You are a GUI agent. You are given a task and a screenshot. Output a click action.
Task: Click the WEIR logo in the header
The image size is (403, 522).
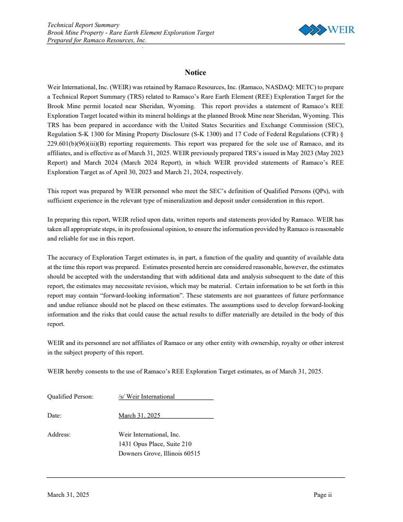coord(326,30)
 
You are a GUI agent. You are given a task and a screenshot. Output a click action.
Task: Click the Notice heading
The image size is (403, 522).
coord(195,73)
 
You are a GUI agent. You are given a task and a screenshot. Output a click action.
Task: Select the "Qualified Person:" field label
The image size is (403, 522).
coord(70,396)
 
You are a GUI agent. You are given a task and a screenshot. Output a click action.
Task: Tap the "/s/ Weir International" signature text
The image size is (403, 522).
coord(147,396)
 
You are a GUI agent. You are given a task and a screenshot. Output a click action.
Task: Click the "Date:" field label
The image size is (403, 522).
coord(55,415)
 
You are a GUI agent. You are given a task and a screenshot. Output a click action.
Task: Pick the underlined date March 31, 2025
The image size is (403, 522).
coord(139,415)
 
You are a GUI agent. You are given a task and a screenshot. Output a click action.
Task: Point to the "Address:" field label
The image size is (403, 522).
coord(59,434)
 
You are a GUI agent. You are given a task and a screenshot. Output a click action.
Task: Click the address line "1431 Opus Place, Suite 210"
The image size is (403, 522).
coord(155,444)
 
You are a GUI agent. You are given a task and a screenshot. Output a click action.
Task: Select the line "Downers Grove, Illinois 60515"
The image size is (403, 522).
coord(159,453)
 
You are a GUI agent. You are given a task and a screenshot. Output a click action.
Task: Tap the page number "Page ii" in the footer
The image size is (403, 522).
coord(322,495)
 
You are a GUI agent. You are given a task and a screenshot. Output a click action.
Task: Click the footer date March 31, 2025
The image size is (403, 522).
coord(68,495)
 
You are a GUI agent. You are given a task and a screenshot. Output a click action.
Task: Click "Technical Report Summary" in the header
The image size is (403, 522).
coord(83,25)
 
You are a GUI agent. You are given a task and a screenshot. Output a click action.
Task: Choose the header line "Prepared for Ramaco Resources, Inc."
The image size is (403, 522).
coord(97,40)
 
